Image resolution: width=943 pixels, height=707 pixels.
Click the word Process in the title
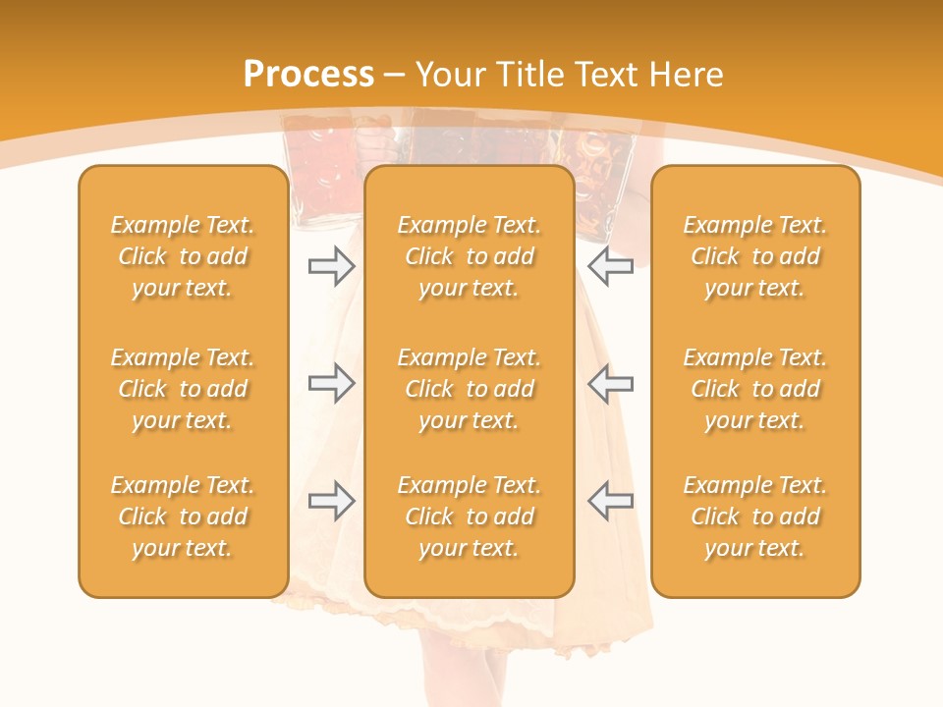308,75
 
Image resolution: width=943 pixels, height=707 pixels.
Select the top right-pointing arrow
331,266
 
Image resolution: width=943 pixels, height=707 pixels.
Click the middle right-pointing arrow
331,383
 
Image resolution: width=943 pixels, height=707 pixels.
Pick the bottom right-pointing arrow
331,500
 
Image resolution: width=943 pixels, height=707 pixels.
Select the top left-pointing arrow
611,266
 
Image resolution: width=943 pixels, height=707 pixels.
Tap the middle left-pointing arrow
611,383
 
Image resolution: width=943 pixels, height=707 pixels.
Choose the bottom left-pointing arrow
611,500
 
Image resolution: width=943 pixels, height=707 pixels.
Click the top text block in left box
183,256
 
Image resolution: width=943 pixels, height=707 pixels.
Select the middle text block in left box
183,389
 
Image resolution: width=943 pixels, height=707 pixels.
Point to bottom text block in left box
183,517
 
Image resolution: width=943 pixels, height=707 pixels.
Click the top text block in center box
469,256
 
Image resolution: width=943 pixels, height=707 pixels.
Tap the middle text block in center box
469,389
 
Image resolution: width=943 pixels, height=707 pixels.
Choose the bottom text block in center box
469,517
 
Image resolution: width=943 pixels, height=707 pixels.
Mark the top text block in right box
755,256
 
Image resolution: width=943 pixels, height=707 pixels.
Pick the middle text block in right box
755,389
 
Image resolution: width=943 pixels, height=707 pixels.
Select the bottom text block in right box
755,517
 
